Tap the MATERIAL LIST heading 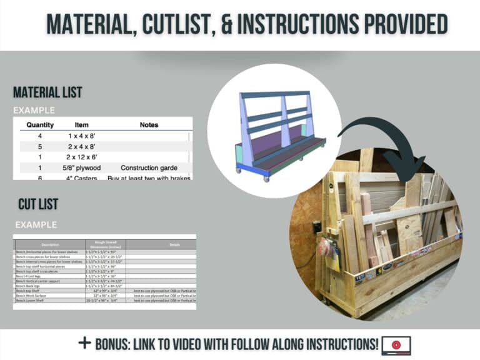[47, 92]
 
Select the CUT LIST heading [38, 204]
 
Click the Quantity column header [40, 124]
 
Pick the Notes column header [149, 124]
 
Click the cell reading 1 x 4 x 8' [81, 136]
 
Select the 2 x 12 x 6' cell [81, 157]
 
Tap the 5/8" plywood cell [81, 167]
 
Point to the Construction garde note [149, 167]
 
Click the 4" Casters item [81, 177]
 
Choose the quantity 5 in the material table [40, 146]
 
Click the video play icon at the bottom [396, 344]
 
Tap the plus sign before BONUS [84, 343]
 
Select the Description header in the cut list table [50, 244]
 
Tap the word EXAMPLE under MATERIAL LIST [34, 111]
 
